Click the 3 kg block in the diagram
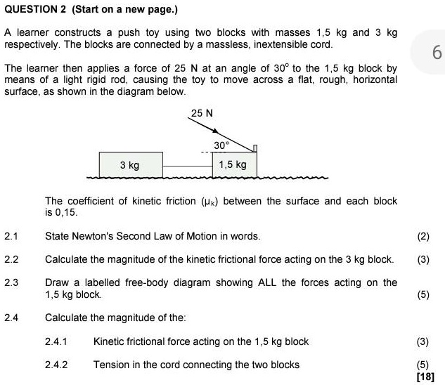point(130,165)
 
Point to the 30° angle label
point(221,145)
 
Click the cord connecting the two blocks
point(187,166)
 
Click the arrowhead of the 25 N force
point(217,132)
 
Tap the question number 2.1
point(11,236)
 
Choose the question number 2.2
point(11,259)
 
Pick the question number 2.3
point(11,282)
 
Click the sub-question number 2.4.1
point(56,341)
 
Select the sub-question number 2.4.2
point(56,365)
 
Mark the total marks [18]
point(425,377)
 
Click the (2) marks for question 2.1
point(423,236)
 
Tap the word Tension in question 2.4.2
point(111,365)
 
